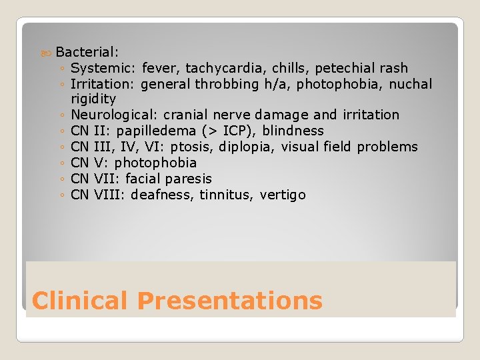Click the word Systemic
tap(103, 68)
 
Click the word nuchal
tap(410, 84)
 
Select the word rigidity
tap(93, 99)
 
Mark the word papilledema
tap(161, 131)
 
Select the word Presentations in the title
tap(229, 301)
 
